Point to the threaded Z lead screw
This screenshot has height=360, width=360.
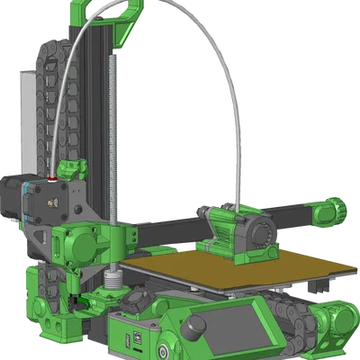pos(114,135)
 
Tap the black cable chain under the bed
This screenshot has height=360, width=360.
pos(292,315)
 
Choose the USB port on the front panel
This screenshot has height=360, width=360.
pos(134,338)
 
